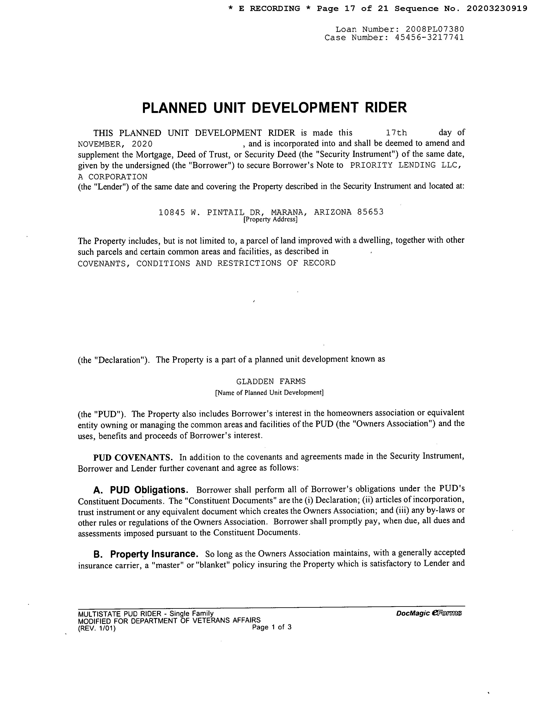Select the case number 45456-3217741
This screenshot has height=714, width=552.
[x=429, y=38]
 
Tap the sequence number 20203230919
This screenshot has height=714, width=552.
[x=497, y=8]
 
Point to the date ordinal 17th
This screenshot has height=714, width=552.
[x=396, y=133]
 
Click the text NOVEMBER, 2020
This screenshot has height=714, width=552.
[x=115, y=144]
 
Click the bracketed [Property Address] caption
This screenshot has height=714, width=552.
[x=270, y=219]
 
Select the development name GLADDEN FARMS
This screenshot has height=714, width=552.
[x=271, y=381]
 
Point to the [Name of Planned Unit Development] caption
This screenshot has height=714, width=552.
[x=269, y=393]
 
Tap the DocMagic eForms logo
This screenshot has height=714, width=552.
[x=428, y=614]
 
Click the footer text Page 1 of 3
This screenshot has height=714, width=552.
[x=271, y=627]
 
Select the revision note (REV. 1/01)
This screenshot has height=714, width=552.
[x=97, y=628]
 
